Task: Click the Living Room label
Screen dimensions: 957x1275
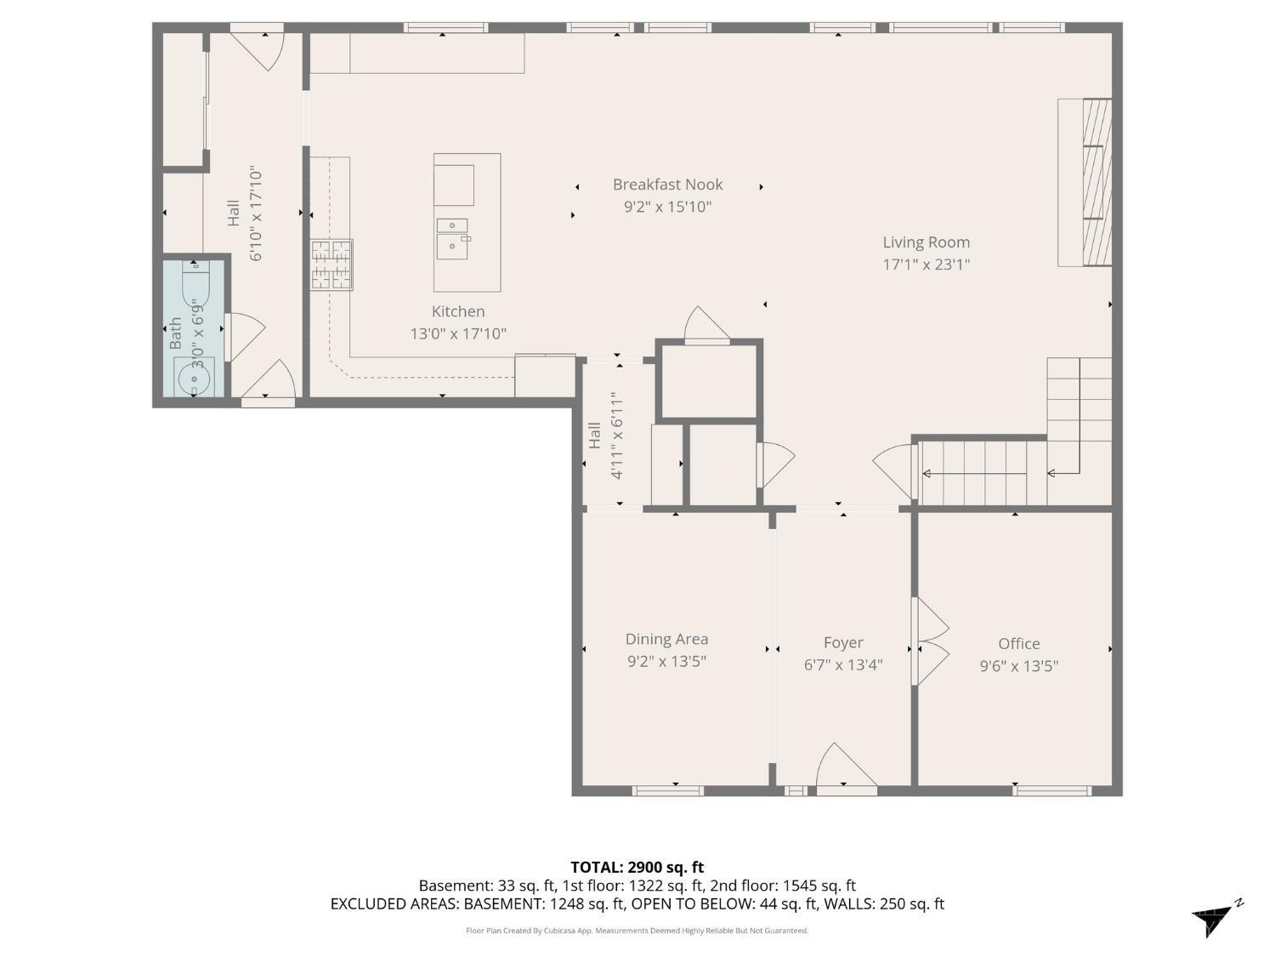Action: point(926,242)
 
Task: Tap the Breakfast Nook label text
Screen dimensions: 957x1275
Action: point(667,185)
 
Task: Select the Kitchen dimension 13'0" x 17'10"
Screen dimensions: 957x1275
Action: point(458,333)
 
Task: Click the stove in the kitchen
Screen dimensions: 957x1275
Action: point(331,265)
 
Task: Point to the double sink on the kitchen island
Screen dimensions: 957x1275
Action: point(452,236)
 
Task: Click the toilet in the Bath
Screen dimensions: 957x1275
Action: point(195,284)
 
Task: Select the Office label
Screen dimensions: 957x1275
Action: point(1018,644)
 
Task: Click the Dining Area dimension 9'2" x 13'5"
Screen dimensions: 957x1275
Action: point(666,662)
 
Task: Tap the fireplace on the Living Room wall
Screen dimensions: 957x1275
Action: point(1085,182)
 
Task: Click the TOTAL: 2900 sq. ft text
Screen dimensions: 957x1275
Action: point(637,868)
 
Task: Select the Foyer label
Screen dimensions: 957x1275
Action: point(842,643)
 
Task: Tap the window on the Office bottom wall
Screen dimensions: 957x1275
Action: point(1051,790)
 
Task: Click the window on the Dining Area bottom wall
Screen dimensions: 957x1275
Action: point(668,790)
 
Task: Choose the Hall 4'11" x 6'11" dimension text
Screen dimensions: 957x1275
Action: point(617,436)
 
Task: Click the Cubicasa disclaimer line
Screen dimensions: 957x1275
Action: point(637,931)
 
